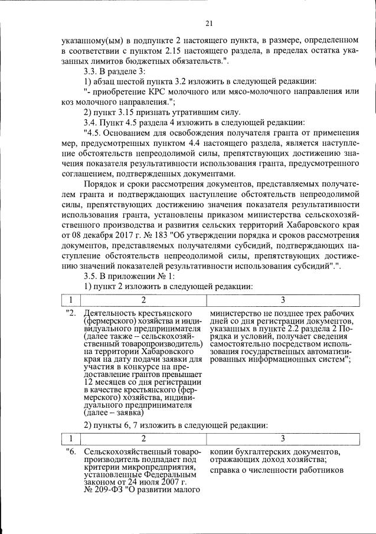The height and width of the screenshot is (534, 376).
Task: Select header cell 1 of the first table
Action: (x=71, y=300)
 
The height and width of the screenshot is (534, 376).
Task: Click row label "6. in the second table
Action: (x=71, y=452)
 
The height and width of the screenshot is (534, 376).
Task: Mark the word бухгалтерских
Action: (x=256, y=452)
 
